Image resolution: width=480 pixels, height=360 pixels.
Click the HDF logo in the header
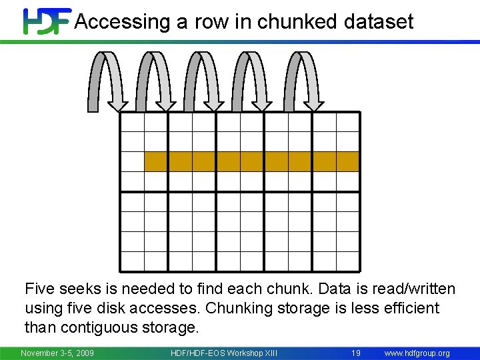pos(47,21)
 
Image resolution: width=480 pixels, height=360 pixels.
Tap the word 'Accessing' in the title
pos(122,22)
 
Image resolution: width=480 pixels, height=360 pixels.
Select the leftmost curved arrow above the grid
pos(107,80)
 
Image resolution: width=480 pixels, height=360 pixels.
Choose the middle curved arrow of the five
pos(205,80)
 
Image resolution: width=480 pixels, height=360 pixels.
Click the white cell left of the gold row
pos(132,162)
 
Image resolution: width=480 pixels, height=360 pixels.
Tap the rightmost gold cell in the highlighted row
pos(347,162)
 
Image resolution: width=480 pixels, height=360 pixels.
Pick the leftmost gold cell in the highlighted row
pos(156,162)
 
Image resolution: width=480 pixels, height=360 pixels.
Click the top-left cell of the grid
pos(132,122)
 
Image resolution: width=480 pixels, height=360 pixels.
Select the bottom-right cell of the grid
pos(347,261)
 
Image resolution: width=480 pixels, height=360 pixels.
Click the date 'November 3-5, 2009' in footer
pos(57,353)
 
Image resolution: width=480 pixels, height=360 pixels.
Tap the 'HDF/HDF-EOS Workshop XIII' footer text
pos(224,353)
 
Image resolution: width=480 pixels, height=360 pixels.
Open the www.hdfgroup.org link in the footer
pos(417,353)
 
